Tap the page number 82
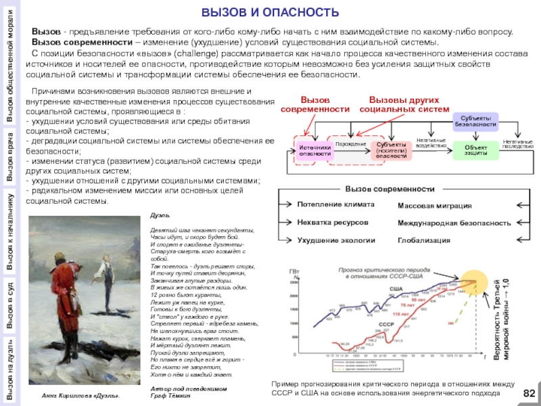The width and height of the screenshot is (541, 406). pyautogui.click(x=529, y=394)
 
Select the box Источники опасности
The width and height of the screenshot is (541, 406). pyautogui.click(x=314, y=150)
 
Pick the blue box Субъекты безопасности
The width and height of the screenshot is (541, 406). pyautogui.click(x=476, y=122)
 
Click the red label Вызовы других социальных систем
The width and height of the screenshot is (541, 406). pyautogui.click(x=404, y=105)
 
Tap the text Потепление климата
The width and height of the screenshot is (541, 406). pyautogui.click(x=335, y=204)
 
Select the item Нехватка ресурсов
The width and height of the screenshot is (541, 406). pyautogui.click(x=333, y=222)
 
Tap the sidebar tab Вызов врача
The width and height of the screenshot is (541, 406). pyautogui.click(x=11, y=160)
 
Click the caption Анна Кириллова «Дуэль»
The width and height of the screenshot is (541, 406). pyautogui.click(x=80, y=394)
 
